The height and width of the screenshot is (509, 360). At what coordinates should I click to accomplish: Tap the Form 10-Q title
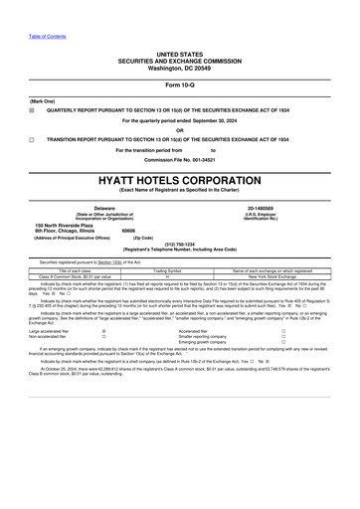(180, 85)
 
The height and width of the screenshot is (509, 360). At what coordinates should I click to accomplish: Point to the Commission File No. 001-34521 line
(180, 160)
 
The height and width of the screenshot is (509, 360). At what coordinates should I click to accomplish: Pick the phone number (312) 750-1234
(180, 242)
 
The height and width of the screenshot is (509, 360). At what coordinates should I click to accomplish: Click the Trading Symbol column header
(180, 269)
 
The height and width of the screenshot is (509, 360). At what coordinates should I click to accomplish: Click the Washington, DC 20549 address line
(180, 63)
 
